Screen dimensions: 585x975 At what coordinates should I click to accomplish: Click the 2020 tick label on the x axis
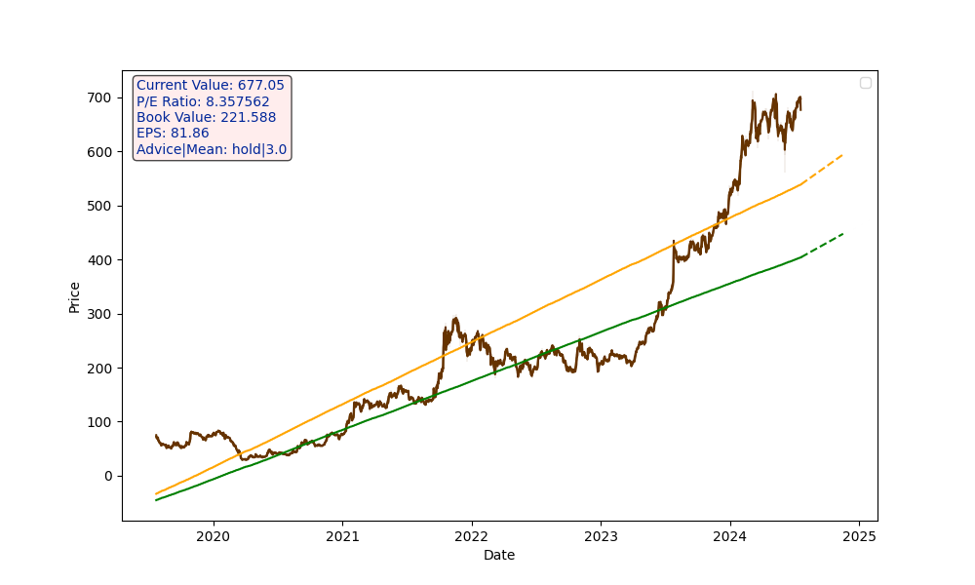[x=213, y=535]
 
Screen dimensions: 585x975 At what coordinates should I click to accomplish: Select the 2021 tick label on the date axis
[x=342, y=535]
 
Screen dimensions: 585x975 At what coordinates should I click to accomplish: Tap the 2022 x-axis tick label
[x=471, y=535]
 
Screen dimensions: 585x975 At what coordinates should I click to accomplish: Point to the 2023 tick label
[x=601, y=535]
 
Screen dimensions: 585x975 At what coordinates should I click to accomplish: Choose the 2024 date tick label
[x=729, y=535]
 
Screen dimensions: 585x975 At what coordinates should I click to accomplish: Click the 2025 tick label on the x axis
[x=859, y=535]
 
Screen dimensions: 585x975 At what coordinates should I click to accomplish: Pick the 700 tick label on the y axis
[x=101, y=97]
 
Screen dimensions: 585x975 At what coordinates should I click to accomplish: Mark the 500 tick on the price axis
[x=101, y=206]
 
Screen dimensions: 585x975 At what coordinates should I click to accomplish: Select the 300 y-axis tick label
[x=101, y=314]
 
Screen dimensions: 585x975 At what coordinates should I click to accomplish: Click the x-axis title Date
[x=499, y=556]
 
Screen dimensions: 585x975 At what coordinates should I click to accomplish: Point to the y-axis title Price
[x=75, y=297]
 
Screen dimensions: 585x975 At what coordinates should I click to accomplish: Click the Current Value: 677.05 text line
[x=211, y=86]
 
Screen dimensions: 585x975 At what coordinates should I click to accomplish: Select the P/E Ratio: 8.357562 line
[x=203, y=101]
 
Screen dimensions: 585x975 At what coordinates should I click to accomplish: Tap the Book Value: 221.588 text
[x=206, y=118]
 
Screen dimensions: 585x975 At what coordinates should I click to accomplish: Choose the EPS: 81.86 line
[x=173, y=134]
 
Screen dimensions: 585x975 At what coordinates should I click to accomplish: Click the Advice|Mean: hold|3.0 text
[x=212, y=150]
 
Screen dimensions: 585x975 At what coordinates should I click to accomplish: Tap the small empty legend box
[x=865, y=83]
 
